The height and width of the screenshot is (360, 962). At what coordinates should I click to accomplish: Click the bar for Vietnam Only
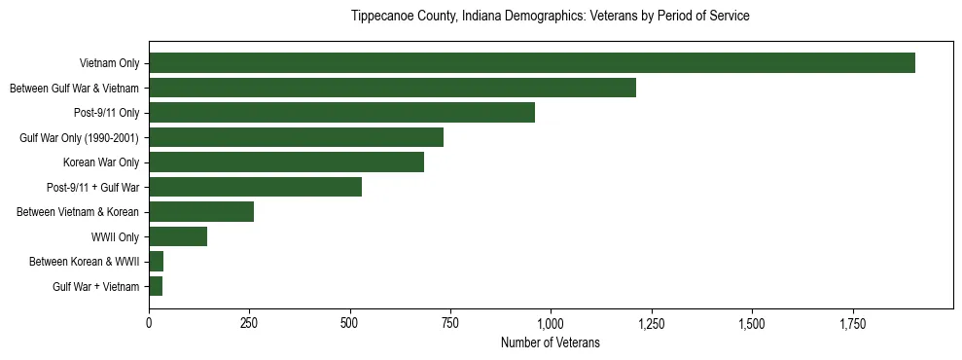click(x=531, y=63)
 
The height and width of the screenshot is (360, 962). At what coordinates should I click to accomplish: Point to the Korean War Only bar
click(x=286, y=162)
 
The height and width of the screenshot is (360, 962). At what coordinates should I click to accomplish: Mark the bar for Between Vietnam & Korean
click(x=201, y=212)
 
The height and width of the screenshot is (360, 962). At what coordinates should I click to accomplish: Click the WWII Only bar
click(x=178, y=236)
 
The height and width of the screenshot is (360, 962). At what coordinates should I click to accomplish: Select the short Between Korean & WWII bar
click(x=156, y=262)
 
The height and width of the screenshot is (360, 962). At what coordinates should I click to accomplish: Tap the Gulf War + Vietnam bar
click(x=156, y=286)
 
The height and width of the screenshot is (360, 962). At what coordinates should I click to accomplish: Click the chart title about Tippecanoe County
click(x=551, y=17)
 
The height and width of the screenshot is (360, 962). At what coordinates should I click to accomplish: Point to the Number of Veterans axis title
click(x=551, y=343)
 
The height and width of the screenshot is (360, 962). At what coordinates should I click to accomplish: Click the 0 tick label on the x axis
click(x=149, y=322)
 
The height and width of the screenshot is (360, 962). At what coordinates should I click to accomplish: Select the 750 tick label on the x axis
click(x=450, y=322)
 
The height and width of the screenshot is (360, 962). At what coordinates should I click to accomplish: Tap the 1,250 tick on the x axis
click(x=652, y=322)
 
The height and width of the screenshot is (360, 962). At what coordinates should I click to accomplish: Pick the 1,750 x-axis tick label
click(x=852, y=322)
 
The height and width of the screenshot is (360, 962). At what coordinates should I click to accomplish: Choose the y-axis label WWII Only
click(x=115, y=236)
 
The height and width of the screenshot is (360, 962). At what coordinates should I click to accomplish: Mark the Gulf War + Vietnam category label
click(x=95, y=286)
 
